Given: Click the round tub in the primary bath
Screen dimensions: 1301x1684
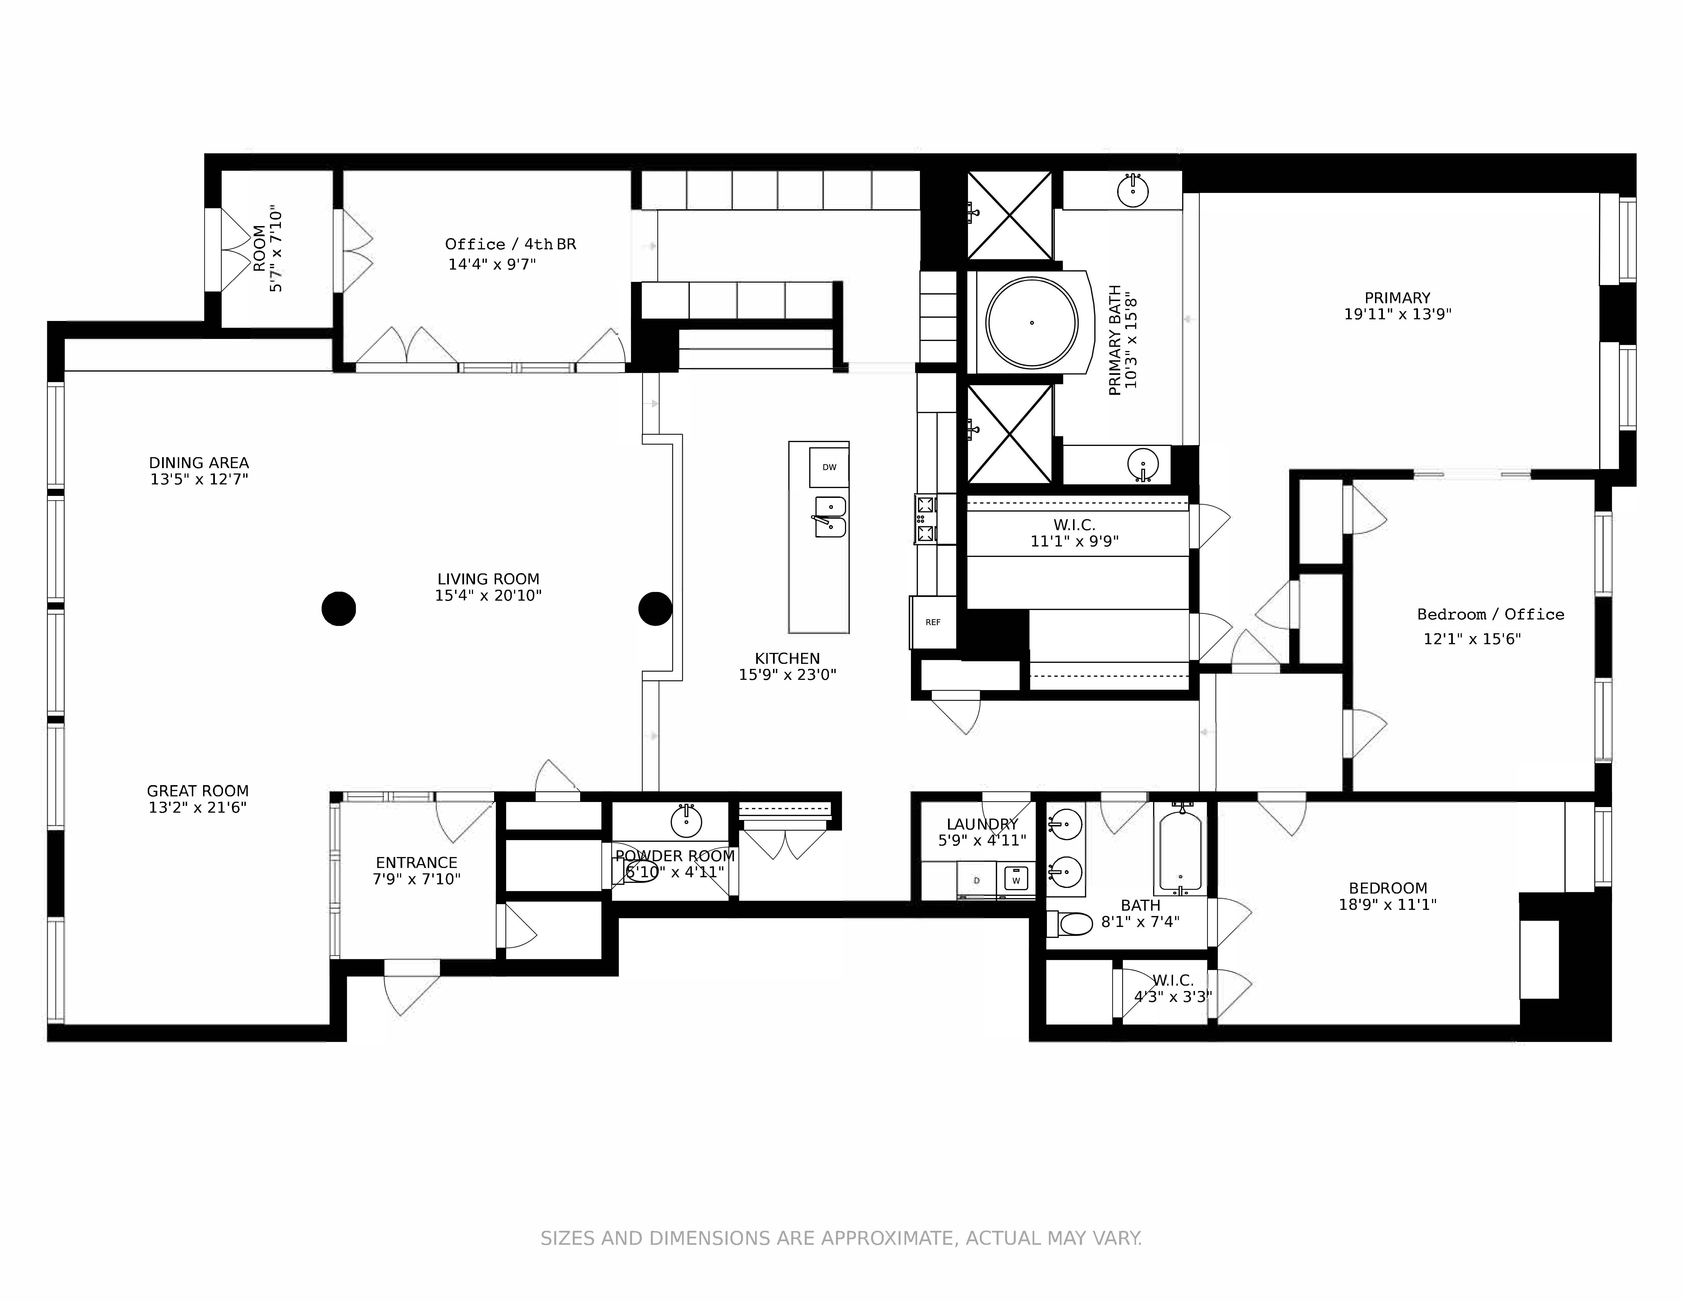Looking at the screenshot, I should pos(1032,322).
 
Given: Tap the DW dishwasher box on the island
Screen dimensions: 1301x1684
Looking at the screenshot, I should pos(829,467).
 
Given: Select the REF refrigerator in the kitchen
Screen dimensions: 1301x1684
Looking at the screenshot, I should pos(933,622).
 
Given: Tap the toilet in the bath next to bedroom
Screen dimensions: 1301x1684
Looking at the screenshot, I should pos(1072,923).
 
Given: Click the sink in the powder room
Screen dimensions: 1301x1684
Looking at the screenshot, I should pos(686,822).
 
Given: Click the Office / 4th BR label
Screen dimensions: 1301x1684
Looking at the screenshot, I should pos(510,244).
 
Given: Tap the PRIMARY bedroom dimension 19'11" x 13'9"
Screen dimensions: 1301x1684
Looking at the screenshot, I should pos(1397,315).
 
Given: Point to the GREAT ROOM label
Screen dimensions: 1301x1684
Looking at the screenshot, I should pos(197,791).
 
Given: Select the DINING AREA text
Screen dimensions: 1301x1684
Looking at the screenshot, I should pos(199,462).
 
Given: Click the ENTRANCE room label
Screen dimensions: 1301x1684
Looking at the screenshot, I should pos(416,862).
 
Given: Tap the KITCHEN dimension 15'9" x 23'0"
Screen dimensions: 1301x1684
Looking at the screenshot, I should pos(787,675).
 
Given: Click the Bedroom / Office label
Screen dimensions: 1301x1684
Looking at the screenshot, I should pos(1490,614).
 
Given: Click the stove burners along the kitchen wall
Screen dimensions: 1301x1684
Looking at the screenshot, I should pos(925,519).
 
